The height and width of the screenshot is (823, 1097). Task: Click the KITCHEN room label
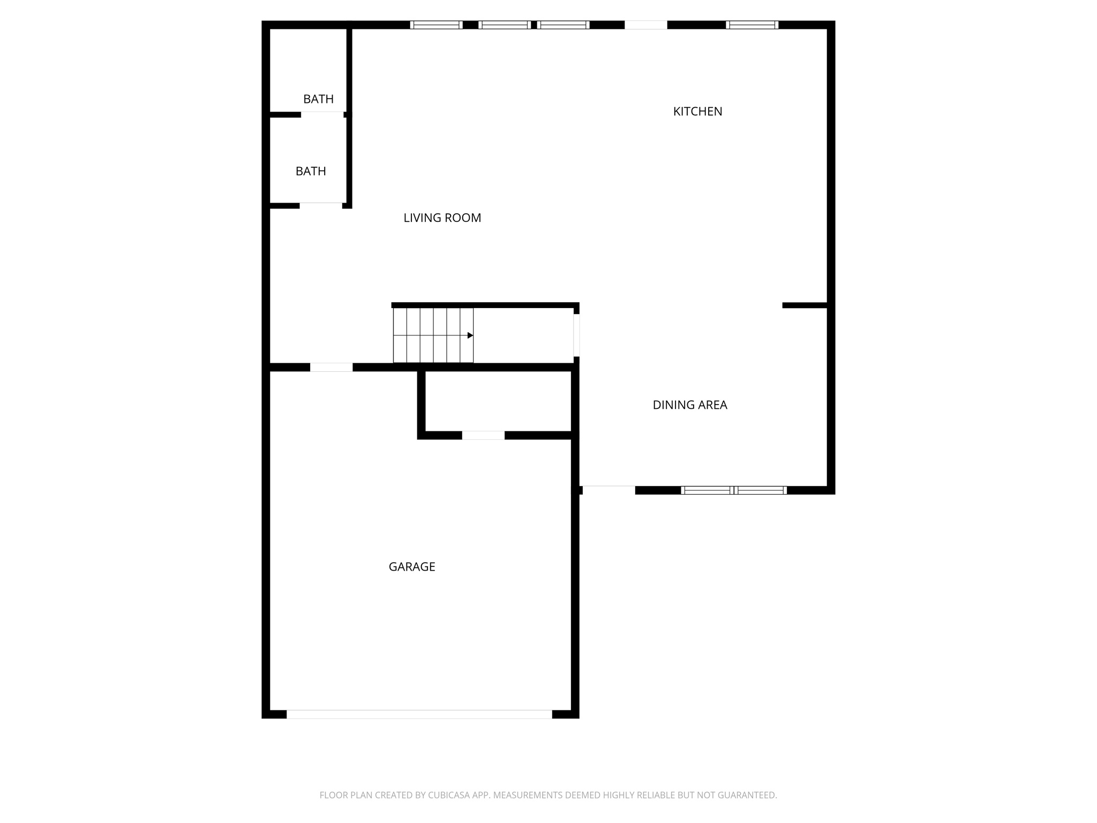697,111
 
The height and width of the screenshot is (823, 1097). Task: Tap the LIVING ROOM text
442,218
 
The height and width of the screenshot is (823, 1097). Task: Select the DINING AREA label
689,405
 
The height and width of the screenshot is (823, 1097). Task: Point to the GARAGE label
411,567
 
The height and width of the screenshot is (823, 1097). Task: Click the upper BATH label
318,99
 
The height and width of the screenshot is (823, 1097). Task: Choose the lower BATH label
311,171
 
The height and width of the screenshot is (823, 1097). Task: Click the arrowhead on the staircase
470,335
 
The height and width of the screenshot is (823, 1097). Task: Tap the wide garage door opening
419,714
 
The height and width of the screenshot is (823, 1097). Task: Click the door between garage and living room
331,367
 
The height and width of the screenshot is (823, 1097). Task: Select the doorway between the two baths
322,115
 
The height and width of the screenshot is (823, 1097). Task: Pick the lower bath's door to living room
320,206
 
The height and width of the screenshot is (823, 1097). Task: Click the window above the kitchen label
752,25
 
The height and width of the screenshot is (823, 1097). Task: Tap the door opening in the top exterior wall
645,25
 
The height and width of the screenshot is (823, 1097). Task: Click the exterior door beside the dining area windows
608,490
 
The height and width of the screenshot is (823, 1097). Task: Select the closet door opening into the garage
483,435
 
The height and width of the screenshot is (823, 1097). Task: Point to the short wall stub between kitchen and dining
805,305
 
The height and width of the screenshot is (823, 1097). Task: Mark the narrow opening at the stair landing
576,335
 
